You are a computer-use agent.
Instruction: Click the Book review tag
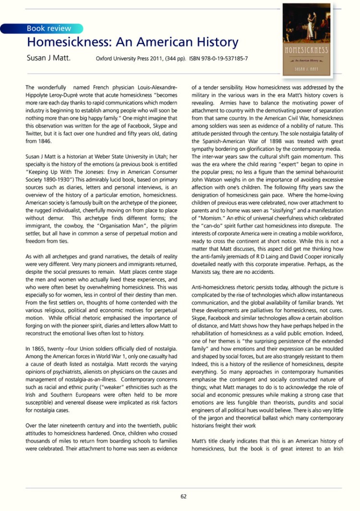pyautogui.click(x=48, y=28)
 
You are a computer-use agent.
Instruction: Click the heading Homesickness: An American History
pyautogui.click(x=132, y=42)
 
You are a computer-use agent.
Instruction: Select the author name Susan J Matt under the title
pyautogui.click(x=48, y=59)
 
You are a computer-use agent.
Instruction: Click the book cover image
pyautogui.click(x=307, y=39)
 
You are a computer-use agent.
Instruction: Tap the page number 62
pyautogui.click(x=183, y=497)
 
